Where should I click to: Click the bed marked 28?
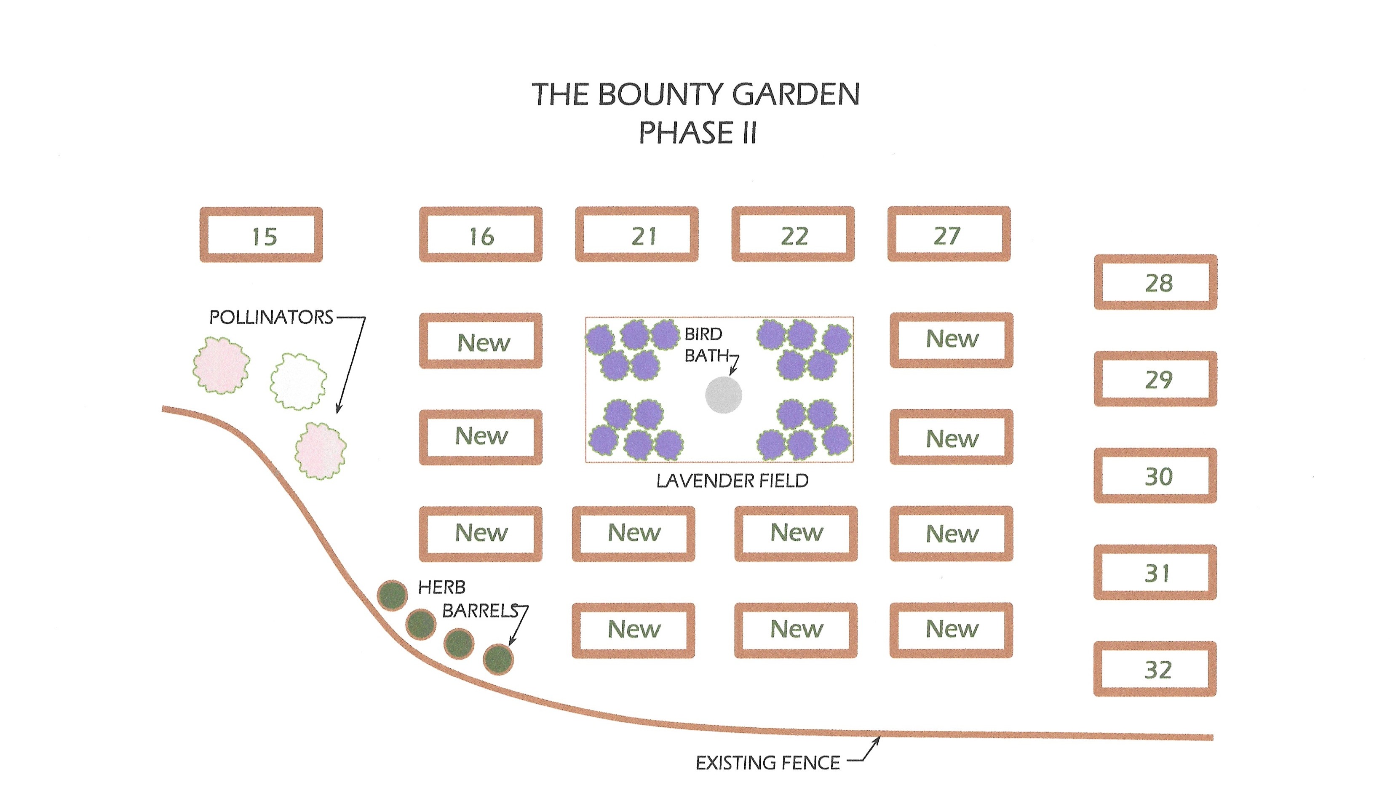1155,282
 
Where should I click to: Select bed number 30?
1155,475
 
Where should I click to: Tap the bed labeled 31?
1155,572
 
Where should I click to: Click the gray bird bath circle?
724,395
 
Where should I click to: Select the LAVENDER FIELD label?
732,481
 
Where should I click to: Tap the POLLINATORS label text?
271,317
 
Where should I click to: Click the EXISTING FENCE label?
767,763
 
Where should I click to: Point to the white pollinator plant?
298,382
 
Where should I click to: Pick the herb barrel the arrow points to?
498,660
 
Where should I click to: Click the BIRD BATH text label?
704,345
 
